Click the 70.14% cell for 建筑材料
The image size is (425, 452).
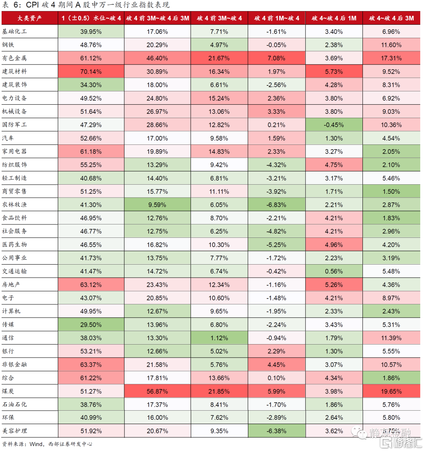click(x=91, y=72)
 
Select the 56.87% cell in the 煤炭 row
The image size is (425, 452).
click(x=157, y=391)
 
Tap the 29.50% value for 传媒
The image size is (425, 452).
click(x=91, y=325)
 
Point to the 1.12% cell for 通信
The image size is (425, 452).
click(x=219, y=338)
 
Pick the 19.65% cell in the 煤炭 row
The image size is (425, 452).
click(x=392, y=391)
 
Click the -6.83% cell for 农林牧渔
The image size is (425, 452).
click(x=276, y=205)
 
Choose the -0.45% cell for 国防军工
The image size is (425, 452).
click(x=334, y=125)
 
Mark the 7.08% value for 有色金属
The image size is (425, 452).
click(x=276, y=58)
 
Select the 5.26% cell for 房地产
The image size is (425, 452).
click(x=334, y=285)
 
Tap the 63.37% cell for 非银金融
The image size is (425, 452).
click(x=91, y=365)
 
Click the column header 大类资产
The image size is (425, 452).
click(x=30, y=18)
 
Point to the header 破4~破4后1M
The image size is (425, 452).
click(x=334, y=18)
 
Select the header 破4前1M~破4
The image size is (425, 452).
click(x=276, y=18)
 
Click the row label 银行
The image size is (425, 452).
click(x=8, y=351)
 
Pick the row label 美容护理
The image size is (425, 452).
click(x=15, y=431)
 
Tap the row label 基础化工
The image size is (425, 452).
click(x=15, y=31)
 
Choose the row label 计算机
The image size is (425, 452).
click(x=11, y=311)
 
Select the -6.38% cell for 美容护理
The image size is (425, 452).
click(x=276, y=431)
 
